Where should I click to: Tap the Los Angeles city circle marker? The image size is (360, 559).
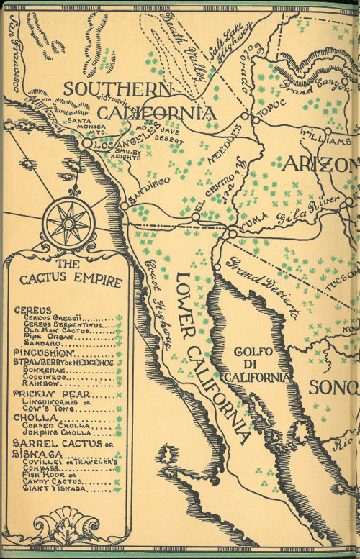click(86, 144)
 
